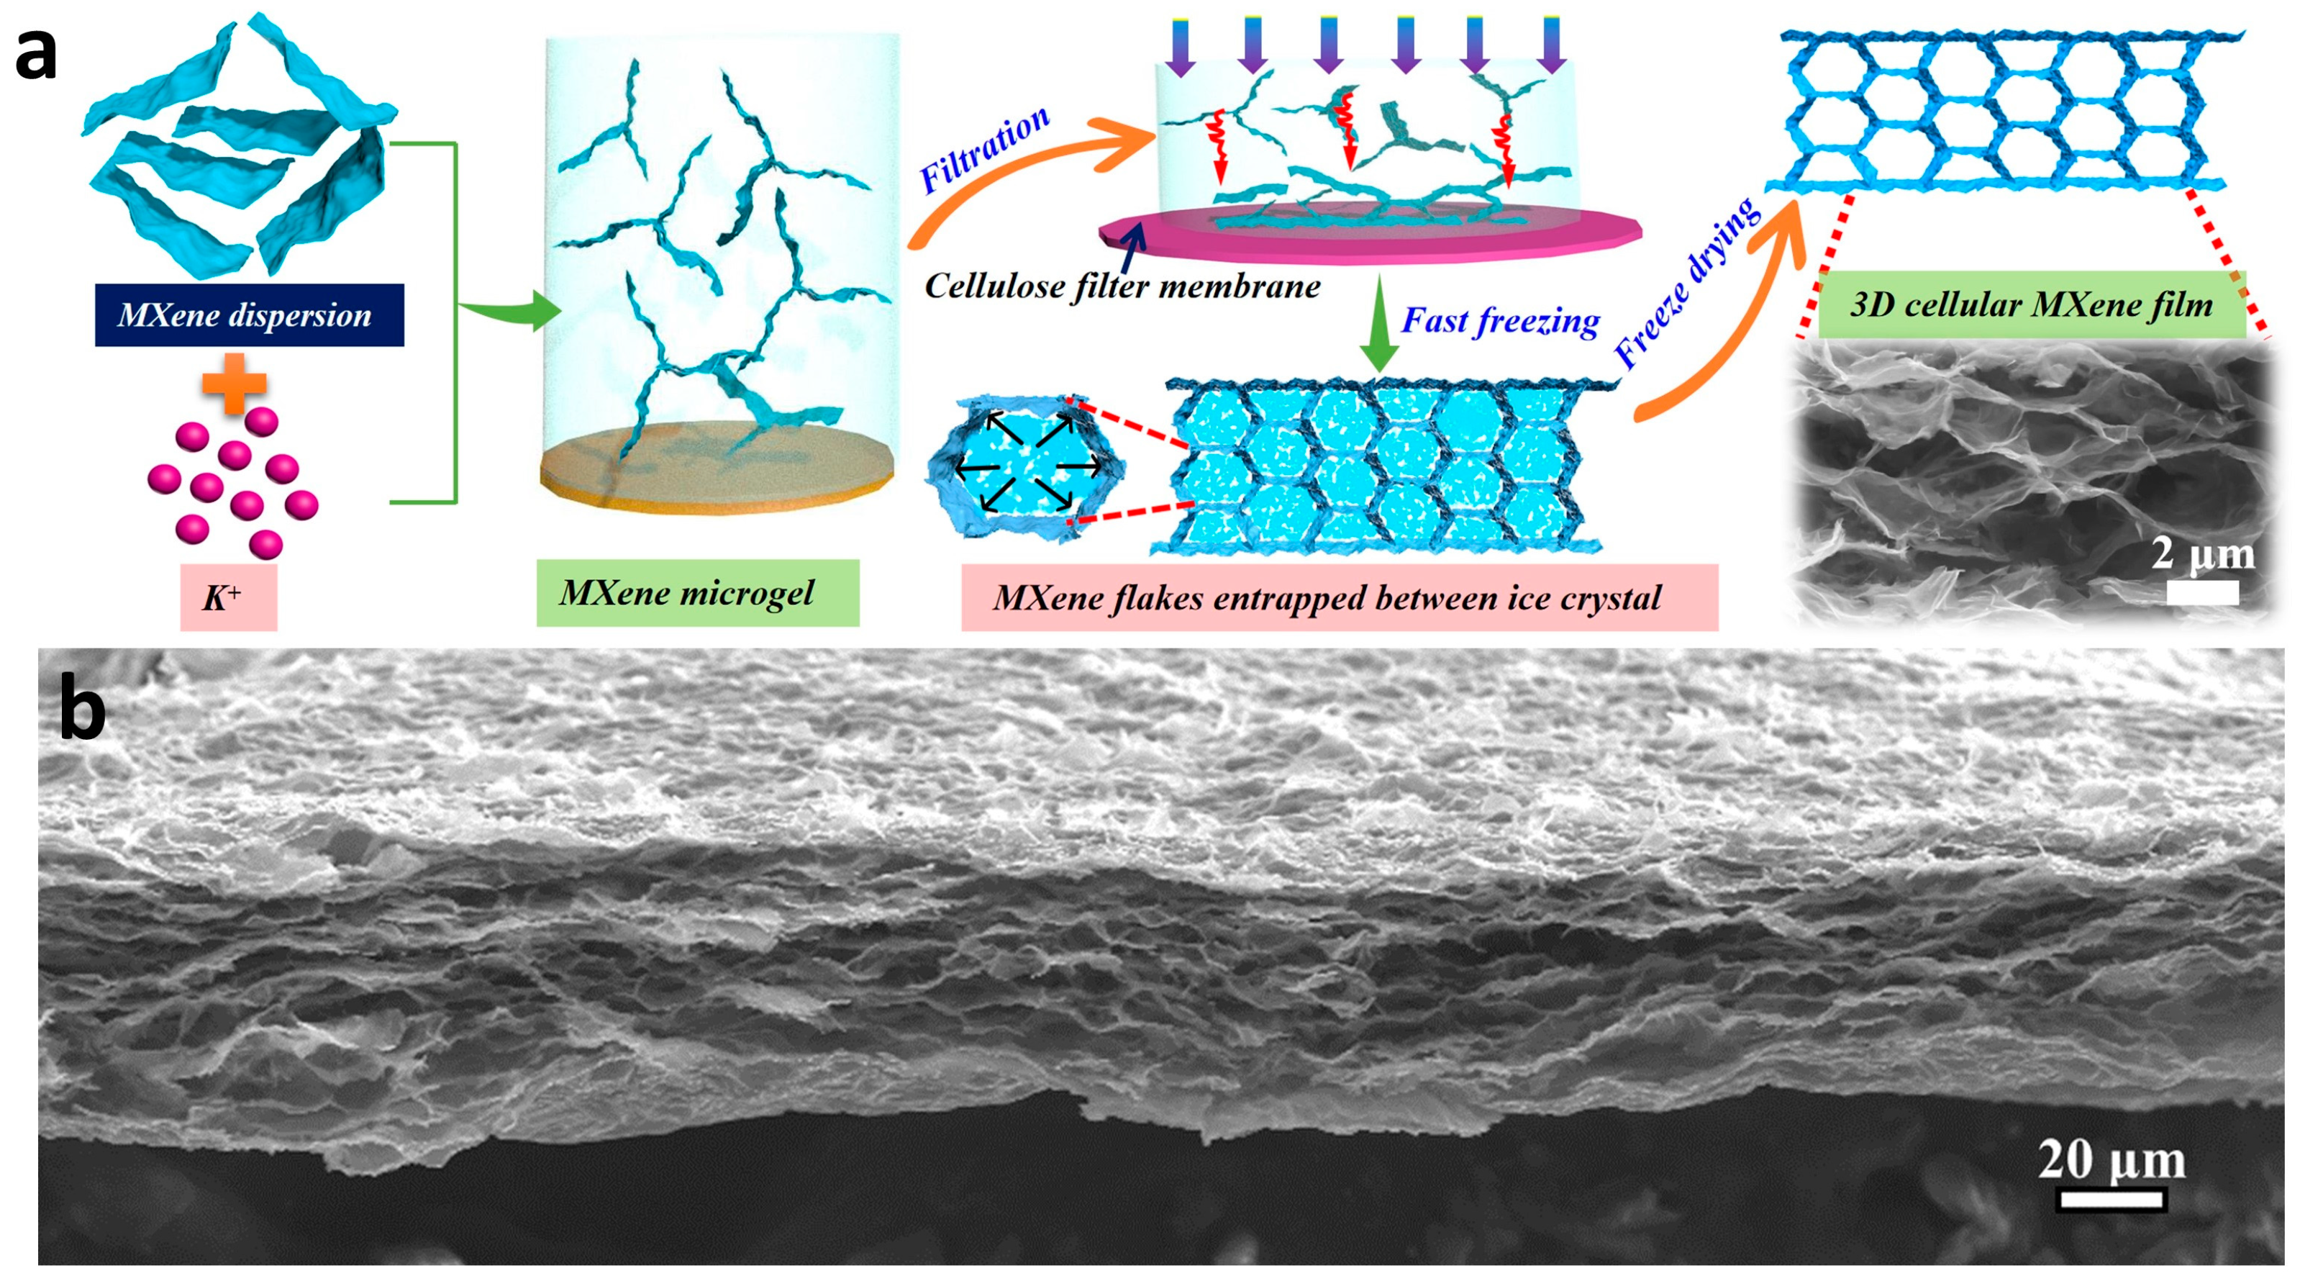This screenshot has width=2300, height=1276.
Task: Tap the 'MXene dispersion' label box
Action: point(249,315)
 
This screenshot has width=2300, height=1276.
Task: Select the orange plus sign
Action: point(234,383)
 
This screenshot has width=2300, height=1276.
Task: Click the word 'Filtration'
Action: point(984,149)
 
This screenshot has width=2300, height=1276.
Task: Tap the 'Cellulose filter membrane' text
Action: point(1122,286)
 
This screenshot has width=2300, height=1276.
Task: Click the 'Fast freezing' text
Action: point(1501,320)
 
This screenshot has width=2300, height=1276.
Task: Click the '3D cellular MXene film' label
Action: point(2030,304)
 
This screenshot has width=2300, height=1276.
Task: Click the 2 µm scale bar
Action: point(2203,593)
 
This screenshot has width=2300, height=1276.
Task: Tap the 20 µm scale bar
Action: point(2112,1199)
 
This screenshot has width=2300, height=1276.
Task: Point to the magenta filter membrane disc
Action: point(1370,237)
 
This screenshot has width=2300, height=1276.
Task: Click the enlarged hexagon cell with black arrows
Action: point(1026,466)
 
